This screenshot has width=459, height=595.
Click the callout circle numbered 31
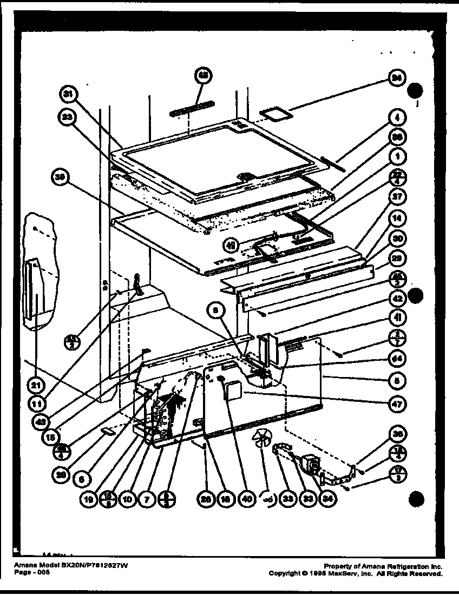(x=69, y=95)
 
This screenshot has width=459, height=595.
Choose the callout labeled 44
(x=397, y=358)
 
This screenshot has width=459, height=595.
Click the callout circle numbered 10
(x=128, y=500)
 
